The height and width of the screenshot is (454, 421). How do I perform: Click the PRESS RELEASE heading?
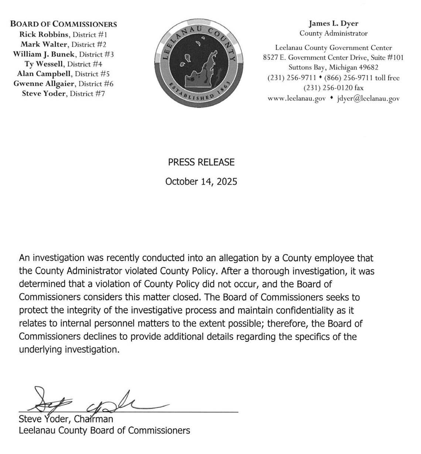coord(201,162)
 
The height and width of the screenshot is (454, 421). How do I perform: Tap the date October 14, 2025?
coord(201,182)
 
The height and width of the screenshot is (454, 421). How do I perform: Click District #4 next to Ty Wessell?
coord(85,64)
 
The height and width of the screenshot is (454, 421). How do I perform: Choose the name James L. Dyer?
coord(333,23)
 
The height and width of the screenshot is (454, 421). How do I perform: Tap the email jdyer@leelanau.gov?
coord(368,98)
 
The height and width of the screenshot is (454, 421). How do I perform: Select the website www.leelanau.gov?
coord(297,98)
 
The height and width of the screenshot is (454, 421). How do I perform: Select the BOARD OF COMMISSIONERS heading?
coord(64,24)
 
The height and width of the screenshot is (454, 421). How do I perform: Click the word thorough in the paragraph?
coord(271,271)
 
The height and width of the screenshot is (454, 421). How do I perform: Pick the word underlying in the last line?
coord(41,349)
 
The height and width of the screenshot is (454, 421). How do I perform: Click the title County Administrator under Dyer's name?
coord(333,33)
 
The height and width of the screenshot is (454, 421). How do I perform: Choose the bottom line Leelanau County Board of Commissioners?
coord(105,430)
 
